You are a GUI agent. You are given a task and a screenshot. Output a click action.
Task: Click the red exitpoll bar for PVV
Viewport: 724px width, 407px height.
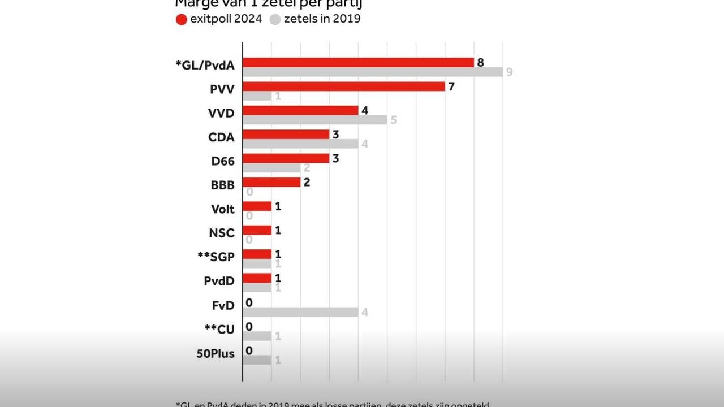coord(344,86)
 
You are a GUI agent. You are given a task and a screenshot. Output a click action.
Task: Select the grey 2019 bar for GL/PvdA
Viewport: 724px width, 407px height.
coord(373,72)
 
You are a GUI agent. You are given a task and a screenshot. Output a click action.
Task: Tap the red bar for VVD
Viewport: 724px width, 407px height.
coord(300,110)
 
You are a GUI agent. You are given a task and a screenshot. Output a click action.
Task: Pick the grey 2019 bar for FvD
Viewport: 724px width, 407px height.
coord(300,312)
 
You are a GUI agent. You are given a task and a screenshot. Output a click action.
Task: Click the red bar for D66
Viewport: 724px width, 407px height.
coord(286,158)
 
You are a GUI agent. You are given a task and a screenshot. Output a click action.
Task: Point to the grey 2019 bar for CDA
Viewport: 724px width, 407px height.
coord(300,144)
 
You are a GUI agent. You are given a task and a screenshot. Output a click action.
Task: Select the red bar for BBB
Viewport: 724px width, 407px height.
coord(271,182)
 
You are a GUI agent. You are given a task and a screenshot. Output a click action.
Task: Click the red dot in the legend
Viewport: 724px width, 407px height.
coord(181,19)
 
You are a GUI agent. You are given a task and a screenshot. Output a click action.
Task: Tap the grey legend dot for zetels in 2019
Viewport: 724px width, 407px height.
coord(275,19)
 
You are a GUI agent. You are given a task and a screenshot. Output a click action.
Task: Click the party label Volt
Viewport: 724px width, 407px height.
coord(222,209)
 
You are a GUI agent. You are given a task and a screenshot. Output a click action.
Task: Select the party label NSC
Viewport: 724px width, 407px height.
coord(222,232)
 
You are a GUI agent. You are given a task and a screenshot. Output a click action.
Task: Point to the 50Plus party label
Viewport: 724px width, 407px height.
coord(216,355)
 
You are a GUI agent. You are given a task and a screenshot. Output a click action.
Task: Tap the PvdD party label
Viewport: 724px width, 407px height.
coord(219,280)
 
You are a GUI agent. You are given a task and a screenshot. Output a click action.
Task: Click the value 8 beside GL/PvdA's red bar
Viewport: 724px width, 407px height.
coord(480,62)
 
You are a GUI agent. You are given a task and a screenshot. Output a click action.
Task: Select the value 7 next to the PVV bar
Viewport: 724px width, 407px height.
coord(451,86)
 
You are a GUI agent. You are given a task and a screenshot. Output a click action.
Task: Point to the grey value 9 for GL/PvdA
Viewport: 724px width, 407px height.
coord(509,72)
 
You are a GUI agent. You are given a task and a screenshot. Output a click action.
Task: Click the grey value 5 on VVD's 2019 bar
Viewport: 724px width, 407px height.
coord(394,120)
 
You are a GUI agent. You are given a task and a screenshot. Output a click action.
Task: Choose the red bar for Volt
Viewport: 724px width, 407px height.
coord(257,206)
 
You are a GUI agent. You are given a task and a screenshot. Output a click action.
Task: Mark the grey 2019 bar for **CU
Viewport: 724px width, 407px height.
coord(257,336)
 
